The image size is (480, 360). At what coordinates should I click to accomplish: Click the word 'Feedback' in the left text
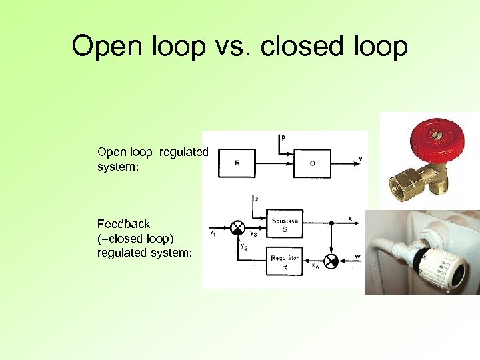click(123, 224)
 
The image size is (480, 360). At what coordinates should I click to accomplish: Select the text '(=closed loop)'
click(135, 238)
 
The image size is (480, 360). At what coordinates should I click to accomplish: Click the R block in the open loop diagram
click(237, 163)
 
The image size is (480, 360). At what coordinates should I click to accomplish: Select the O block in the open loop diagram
click(312, 163)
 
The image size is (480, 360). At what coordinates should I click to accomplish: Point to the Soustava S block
click(285, 225)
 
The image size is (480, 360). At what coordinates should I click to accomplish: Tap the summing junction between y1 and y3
click(238, 227)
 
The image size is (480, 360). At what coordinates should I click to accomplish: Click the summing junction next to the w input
click(330, 261)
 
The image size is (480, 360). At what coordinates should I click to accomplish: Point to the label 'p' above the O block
click(283, 137)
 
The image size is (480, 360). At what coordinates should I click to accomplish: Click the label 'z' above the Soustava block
click(257, 199)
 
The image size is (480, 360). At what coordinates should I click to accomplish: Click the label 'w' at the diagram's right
click(359, 255)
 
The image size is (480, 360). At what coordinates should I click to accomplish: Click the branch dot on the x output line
click(330, 222)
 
